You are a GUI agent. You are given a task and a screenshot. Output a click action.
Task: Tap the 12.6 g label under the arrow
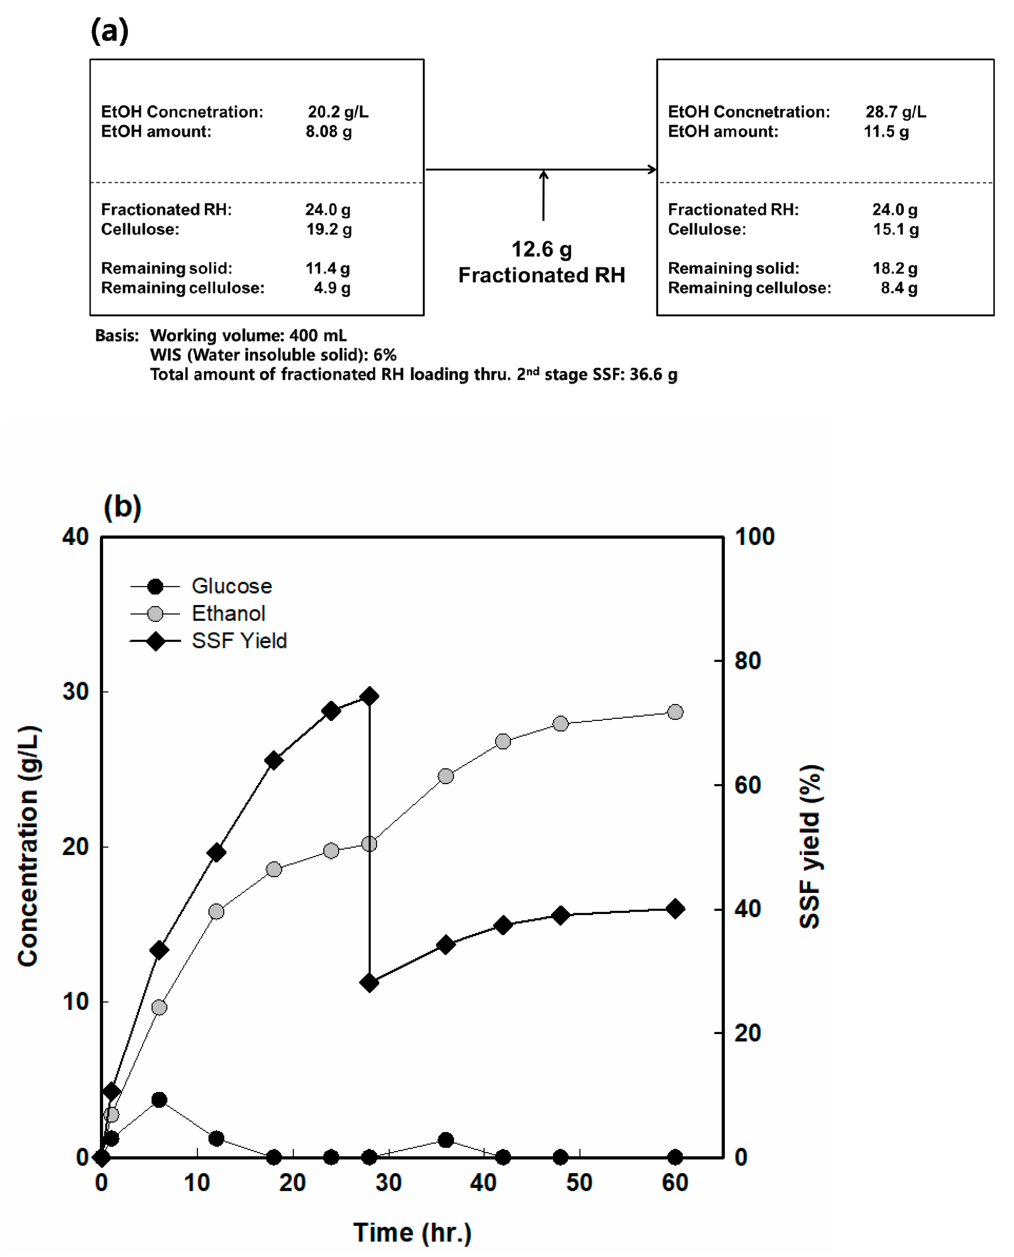541,250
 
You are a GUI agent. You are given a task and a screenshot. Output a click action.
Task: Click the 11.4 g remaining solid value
327,268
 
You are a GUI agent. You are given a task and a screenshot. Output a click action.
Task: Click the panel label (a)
109,30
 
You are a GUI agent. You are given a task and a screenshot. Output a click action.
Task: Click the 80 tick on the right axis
748,661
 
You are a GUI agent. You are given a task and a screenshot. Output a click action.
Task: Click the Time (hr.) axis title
412,1233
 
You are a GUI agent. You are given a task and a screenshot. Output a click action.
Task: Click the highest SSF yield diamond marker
369,696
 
